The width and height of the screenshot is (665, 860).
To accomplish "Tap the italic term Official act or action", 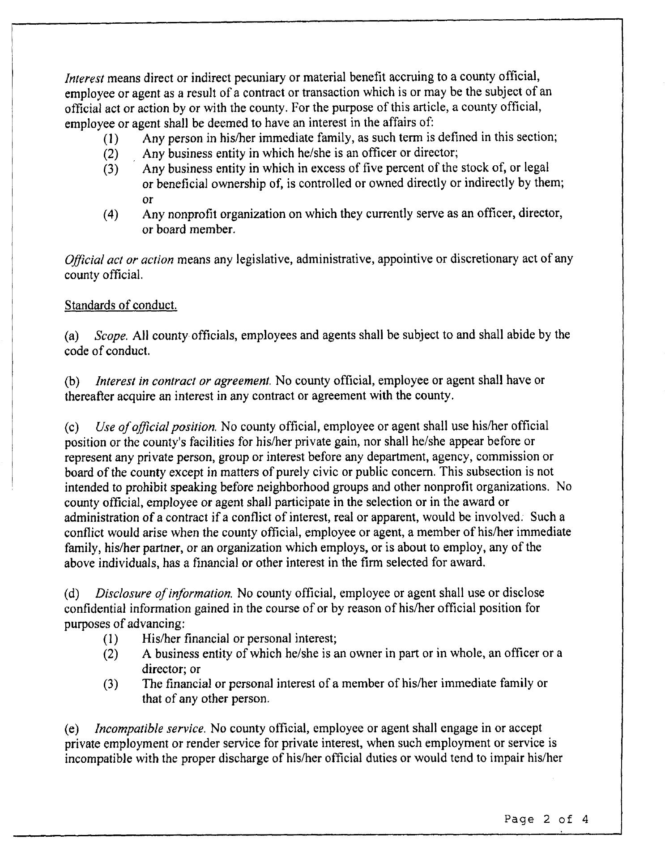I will (119, 260).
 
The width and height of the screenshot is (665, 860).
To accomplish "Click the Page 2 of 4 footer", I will (546, 819).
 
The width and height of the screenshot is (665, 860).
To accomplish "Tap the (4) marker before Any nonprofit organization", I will (111, 215).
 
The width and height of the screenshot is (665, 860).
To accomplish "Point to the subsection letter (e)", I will (72, 728).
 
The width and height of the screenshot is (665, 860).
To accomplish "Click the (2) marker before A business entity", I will (111, 654).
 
